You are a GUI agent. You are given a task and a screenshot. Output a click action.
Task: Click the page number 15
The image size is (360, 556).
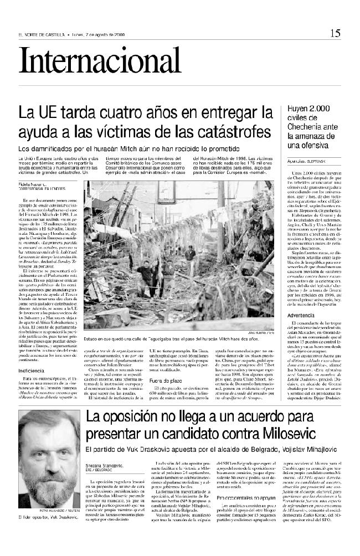(336, 33)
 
